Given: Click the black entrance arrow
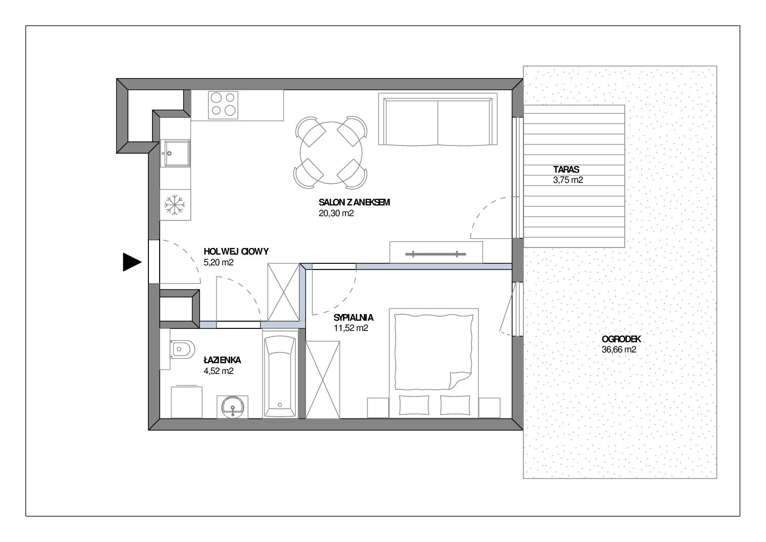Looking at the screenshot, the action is coord(132,262).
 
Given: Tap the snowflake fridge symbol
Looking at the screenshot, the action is coord(175,205).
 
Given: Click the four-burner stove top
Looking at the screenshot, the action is coord(223,105).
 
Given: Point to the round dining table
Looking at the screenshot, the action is coord(331,153).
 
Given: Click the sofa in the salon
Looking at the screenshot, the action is coord(437,119).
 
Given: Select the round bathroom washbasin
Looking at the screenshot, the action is coord(232,407).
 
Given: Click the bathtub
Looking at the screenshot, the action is coord(280,374).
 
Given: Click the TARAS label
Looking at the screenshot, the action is coord(566,170).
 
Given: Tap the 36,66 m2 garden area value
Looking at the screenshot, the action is coord(619,349).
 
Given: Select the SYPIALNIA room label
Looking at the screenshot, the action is coord(354,318).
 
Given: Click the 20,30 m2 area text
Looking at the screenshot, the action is coord(336,213).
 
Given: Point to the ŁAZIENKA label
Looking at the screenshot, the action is coord(222,360).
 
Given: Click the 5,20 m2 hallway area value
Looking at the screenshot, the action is coord(218,263).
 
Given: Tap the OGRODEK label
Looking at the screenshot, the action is coord(621,339).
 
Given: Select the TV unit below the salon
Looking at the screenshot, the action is coord(436,252).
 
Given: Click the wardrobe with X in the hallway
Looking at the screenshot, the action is coord(283,292).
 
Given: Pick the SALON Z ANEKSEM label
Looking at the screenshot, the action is coord(354,202).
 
